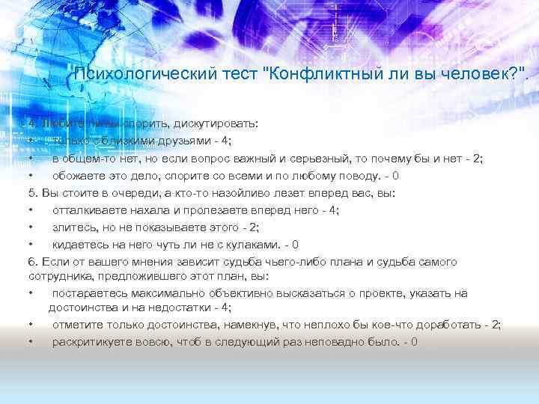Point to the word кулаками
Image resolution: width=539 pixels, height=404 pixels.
coord(255,244)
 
